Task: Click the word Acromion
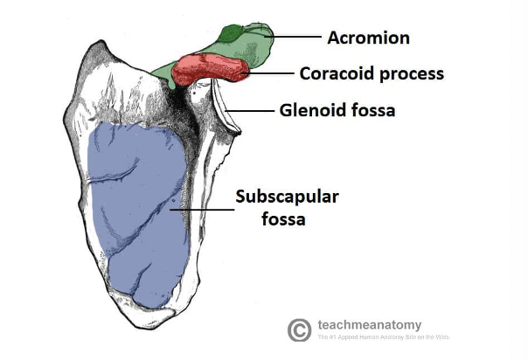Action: [x=368, y=38]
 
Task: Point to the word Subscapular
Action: [x=286, y=197]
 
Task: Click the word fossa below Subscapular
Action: [x=283, y=218]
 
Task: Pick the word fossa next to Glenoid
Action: [x=373, y=111]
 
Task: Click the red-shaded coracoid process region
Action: [x=212, y=68]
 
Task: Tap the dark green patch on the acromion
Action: [x=231, y=35]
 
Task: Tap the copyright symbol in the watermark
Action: [x=299, y=329]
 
